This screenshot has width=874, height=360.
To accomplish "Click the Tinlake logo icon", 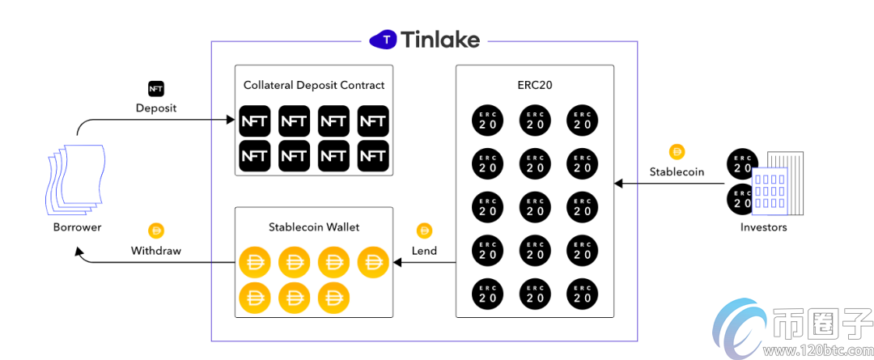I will point(386,39).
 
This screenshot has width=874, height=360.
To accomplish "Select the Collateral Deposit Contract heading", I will point(314,85).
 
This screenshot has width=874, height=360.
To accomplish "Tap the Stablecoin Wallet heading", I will point(314,227).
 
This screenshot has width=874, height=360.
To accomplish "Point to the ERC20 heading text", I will point(535,85).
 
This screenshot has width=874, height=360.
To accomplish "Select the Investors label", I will point(763,227).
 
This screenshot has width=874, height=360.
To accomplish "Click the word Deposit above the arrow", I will point(155,108).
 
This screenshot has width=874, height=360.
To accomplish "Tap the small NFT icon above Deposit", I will point(155,88).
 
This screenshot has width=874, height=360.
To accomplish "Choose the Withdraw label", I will point(156,251).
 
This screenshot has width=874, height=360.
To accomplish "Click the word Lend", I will point(424,251).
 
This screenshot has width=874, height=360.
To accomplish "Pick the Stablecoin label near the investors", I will point(677,172).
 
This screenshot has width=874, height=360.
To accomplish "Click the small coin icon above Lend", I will point(424,231).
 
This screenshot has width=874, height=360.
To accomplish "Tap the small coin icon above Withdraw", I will point(156,231).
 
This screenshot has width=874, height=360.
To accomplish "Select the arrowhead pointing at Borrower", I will point(79,252).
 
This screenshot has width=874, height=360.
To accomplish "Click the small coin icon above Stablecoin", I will point(677,151).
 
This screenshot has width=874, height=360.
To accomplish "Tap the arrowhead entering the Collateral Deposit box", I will point(230,121).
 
